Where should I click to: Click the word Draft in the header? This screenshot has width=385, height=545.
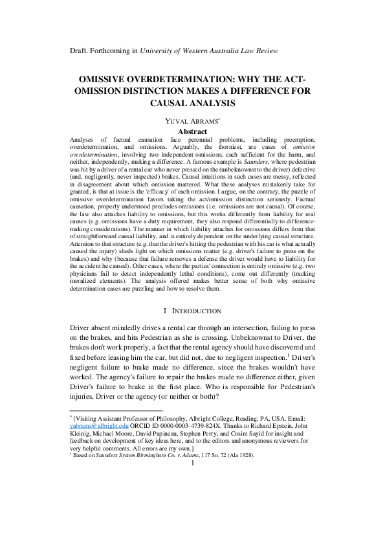pyautogui.click(x=79, y=50)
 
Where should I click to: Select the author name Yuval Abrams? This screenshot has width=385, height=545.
pyautogui.click(x=191, y=120)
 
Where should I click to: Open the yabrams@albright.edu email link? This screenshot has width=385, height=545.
pyautogui.click(x=98, y=427)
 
